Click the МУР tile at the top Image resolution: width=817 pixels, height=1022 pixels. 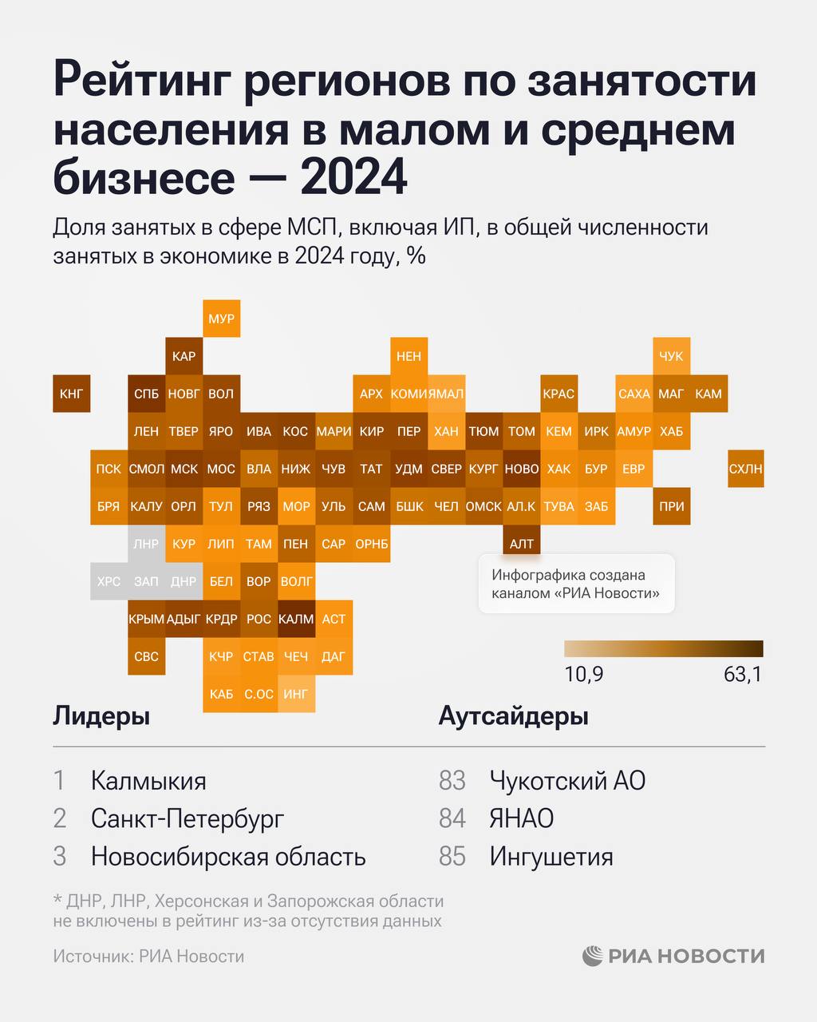pyautogui.click(x=221, y=319)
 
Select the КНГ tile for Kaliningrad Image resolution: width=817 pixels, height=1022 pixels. pyautogui.click(x=71, y=394)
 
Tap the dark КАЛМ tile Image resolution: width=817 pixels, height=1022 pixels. pyautogui.click(x=296, y=619)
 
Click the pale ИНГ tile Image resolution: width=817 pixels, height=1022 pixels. pyautogui.click(x=296, y=694)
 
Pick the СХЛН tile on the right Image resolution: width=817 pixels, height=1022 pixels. pyautogui.click(x=745, y=469)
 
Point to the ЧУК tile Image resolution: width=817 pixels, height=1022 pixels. pyautogui.click(x=671, y=356)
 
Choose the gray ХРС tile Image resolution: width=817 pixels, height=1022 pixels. pyautogui.click(x=109, y=581)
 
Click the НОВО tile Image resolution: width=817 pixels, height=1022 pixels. pyautogui.click(x=522, y=469)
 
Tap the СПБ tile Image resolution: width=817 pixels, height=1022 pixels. pyautogui.click(x=146, y=394)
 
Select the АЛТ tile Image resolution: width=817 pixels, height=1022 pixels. pyautogui.click(x=522, y=544)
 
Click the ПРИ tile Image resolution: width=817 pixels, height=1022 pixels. pyautogui.click(x=671, y=506)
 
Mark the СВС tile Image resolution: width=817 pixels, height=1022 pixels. pyautogui.click(x=146, y=656)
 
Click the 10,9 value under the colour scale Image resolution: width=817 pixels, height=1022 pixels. pyautogui.click(x=584, y=675)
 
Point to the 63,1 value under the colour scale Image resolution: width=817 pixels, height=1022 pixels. pyautogui.click(x=742, y=675)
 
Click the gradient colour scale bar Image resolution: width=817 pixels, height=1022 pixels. pyautogui.click(x=663, y=648)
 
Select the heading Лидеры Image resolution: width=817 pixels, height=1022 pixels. pyautogui.click(x=101, y=716)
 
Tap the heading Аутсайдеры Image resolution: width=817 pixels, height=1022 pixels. pyautogui.click(x=513, y=716)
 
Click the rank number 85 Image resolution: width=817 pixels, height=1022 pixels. pyautogui.click(x=452, y=857)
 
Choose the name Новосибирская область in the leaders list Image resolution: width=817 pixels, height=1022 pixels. pyautogui.click(x=228, y=857)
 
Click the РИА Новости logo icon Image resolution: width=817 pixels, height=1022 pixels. pyautogui.click(x=593, y=956)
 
